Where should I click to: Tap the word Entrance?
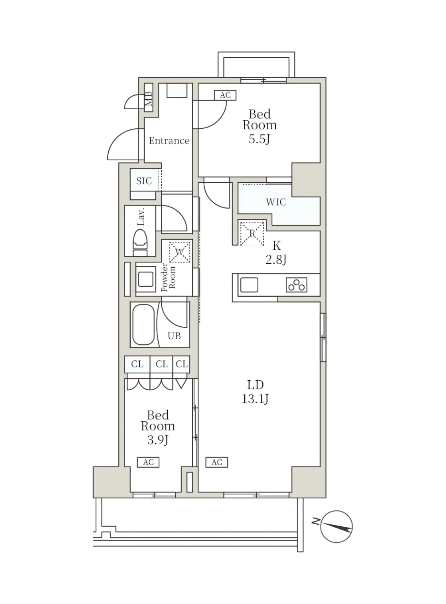click(169, 141)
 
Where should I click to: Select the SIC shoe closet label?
click(144, 181)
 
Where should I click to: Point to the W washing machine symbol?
click(180, 252)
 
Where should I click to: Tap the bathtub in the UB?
click(143, 324)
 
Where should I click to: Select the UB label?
click(174, 336)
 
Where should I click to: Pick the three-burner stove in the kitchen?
click(297, 285)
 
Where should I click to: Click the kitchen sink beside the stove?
click(249, 285)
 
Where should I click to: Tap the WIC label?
click(276, 202)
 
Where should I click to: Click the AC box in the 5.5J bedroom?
click(225, 95)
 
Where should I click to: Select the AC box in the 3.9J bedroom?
click(148, 462)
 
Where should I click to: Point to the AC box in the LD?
click(217, 462)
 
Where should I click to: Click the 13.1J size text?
click(255, 399)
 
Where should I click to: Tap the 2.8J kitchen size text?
click(276, 260)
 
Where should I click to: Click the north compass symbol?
click(336, 526)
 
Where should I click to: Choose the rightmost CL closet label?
click(182, 364)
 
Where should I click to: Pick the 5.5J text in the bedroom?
click(259, 139)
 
